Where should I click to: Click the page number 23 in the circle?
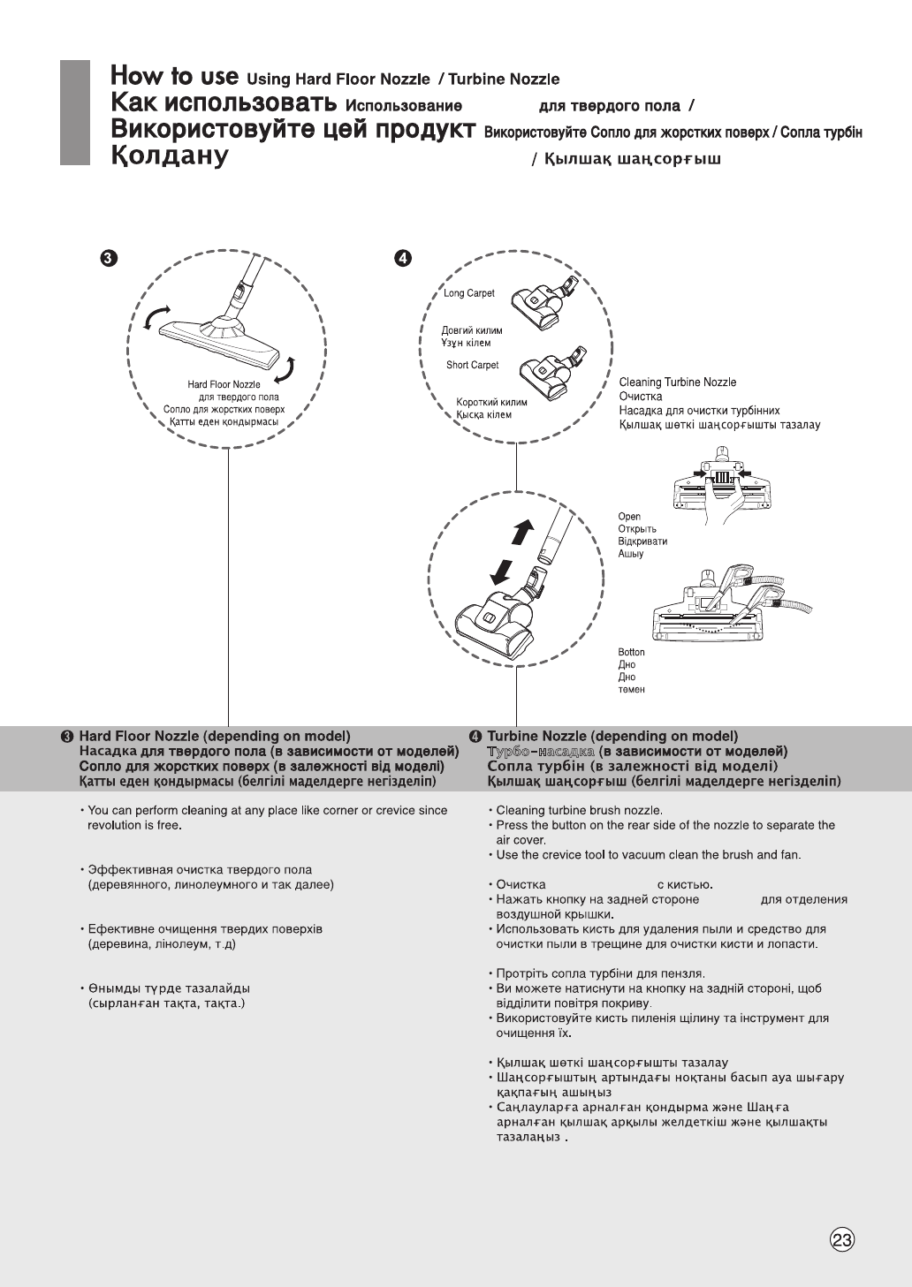point(843,1239)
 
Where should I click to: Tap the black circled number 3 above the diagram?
point(107,258)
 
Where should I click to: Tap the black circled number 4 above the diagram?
point(403,258)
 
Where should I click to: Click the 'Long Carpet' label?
point(468,293)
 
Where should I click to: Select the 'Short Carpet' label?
point(472,365)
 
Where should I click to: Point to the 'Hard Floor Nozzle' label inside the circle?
point(224,385)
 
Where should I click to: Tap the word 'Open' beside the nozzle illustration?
point(629,517)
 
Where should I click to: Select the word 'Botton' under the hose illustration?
point(631,653)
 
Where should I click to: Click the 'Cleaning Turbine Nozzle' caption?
point(677,382)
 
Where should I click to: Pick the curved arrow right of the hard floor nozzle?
point(286,370)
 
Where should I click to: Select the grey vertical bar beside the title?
point(75,112)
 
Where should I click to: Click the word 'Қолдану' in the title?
point(170,158)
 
